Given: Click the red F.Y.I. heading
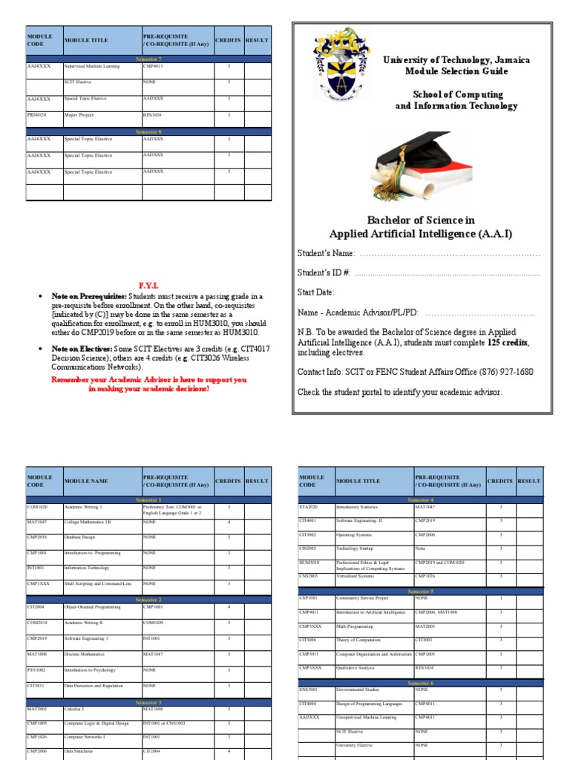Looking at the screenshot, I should coord(149,286).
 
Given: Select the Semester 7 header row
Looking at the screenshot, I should coord(148,58).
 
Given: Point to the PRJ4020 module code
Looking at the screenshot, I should coord(38,115).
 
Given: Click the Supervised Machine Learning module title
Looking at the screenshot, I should coord(92,66).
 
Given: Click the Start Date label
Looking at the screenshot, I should coord(316,292).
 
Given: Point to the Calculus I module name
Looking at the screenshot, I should coord(76,709).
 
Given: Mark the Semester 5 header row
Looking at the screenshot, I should coord(420,591).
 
